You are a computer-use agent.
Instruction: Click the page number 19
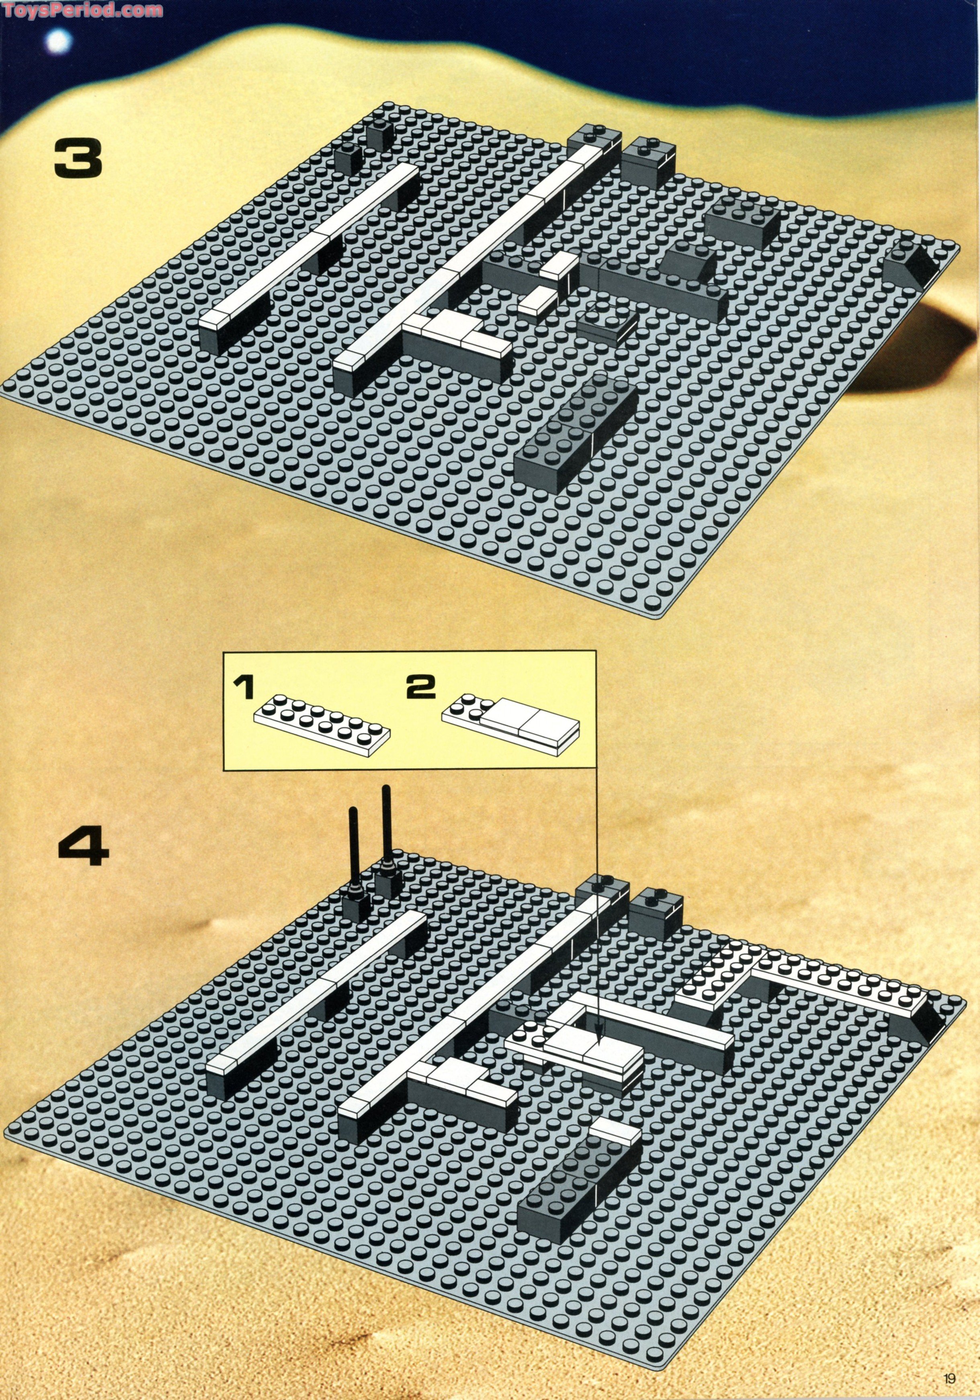tap(949, 1378)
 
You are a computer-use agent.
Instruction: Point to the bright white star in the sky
tap(59, 41)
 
